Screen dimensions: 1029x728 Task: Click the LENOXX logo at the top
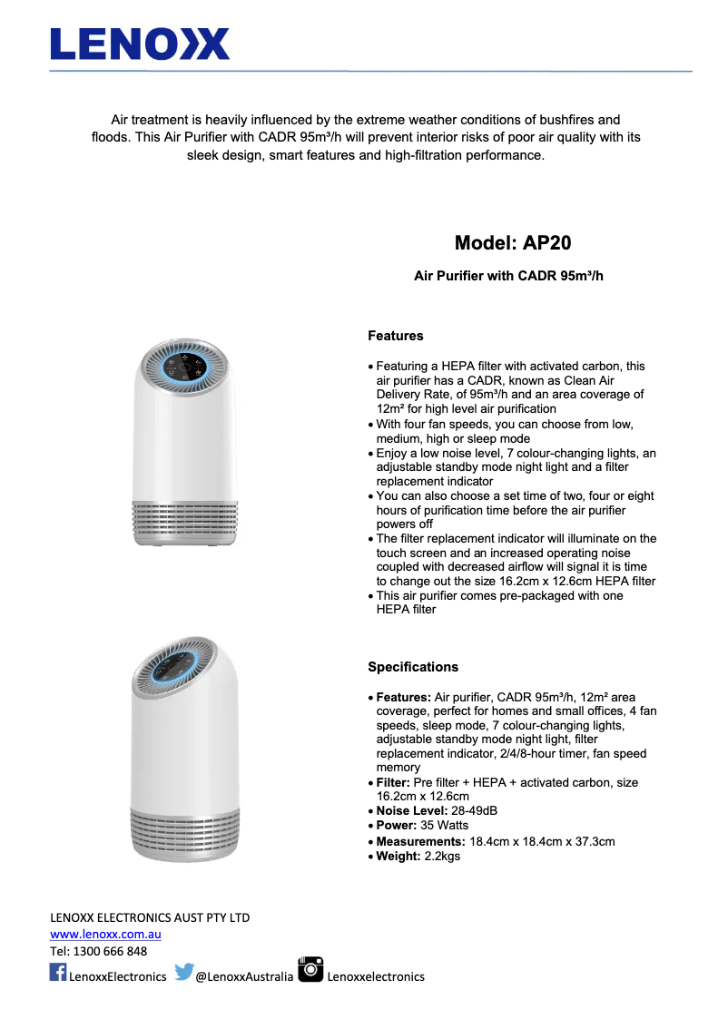tap(140, 44)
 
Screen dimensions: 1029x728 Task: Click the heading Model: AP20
tap(513, 243)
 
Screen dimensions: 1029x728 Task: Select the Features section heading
tap(395, 336)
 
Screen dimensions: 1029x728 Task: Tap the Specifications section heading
tap(413, 667)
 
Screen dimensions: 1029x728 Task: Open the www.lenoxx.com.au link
tap(105, 934)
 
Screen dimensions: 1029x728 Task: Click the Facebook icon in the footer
tap(58, 973)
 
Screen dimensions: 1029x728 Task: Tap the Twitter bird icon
tap(184, 972)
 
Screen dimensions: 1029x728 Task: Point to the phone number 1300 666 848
tap(111, 951)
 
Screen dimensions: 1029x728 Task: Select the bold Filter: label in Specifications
tap(393, 782)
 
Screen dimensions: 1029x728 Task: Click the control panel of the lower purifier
tap(176, 672)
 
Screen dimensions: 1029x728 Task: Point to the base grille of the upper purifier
tap(185, 521)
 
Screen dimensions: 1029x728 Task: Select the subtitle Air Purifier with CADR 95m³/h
tap(508, 276)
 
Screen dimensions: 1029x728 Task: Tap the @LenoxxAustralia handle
tap(244, 976)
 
